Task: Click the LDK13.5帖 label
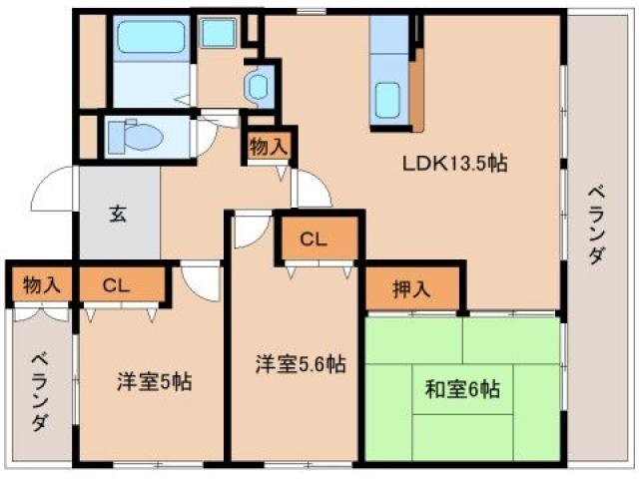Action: [x=455, y=164]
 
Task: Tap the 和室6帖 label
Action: [x=463, y=390]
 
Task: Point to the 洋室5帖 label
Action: [x=154, y=381]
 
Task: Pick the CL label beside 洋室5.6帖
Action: [x=315, y=239]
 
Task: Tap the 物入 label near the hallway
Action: [x=268, y=146]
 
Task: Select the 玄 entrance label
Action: [x=117, y=213]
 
